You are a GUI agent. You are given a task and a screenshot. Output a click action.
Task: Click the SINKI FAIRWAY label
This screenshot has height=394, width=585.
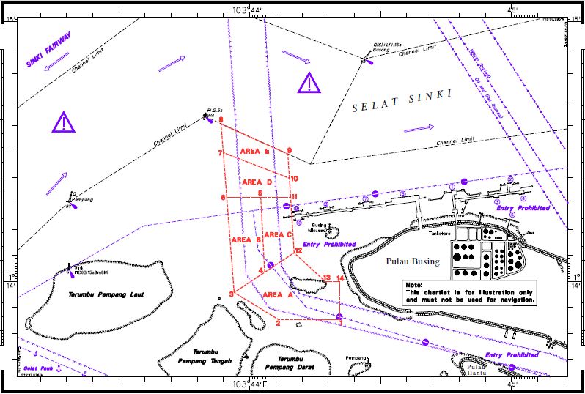coord(49,50)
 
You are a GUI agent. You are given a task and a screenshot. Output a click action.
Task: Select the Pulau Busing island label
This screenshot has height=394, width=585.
coord(413,261)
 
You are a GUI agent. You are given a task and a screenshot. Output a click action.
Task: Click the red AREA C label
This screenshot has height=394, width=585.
coord(278,234)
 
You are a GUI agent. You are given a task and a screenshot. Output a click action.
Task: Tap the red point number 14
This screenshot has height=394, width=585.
coord(340,278)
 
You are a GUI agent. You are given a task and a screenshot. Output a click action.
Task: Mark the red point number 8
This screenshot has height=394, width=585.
coord(220,120)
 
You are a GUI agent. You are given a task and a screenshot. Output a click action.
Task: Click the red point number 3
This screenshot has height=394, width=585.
coord(231,294)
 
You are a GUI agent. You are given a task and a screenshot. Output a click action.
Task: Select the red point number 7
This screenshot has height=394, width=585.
coord(220,153)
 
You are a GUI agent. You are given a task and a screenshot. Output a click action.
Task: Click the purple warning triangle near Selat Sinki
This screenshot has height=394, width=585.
coord(309,83)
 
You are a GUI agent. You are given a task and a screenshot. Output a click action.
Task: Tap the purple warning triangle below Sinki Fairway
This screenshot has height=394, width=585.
coord(64,122)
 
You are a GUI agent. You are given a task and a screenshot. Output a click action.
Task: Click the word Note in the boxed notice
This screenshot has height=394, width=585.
coord(413,285)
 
